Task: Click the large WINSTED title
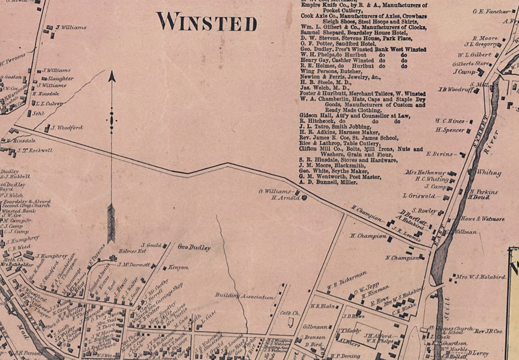coord(207,22)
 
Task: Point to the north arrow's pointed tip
coord(111,73)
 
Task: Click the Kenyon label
coord(178,267)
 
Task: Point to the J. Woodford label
coord(67,127)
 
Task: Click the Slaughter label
coord(61,79)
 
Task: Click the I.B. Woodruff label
coord(457,89)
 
